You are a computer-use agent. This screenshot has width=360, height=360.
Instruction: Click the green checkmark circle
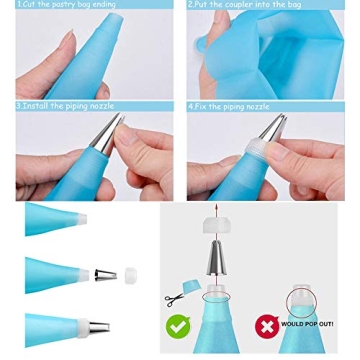(x=178, y=326)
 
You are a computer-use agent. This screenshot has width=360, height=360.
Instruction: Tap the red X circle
(x=266, y=326)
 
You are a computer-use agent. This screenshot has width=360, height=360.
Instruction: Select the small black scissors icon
(x=174, y=298)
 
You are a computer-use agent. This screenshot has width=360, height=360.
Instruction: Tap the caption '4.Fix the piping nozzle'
(x=228, y=105)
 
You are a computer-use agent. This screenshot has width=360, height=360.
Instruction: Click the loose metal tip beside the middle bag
(x=105, y=274)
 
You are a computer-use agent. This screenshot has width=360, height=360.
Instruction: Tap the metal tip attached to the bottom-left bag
(x=98, y=327)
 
